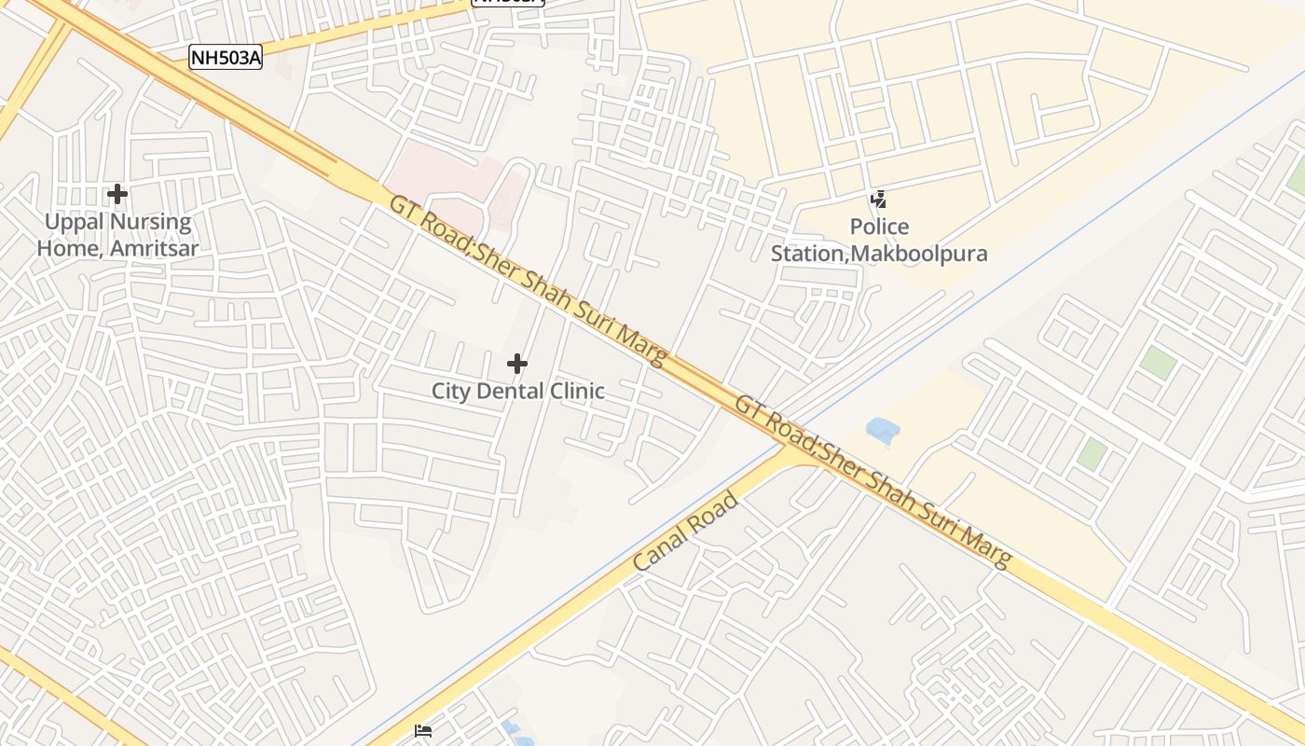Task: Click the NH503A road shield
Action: click(226, 58)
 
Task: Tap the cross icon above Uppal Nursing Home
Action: click(117, 194)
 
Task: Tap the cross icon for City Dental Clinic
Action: click(517, 363)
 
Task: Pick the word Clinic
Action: click(575, 391)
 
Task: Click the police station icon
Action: click(878, 199)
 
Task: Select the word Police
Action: click(879, 227)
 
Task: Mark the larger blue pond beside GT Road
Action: click(882, 430)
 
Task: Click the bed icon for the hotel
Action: click(423, 731)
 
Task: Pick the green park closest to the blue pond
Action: click(1092, 454)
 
